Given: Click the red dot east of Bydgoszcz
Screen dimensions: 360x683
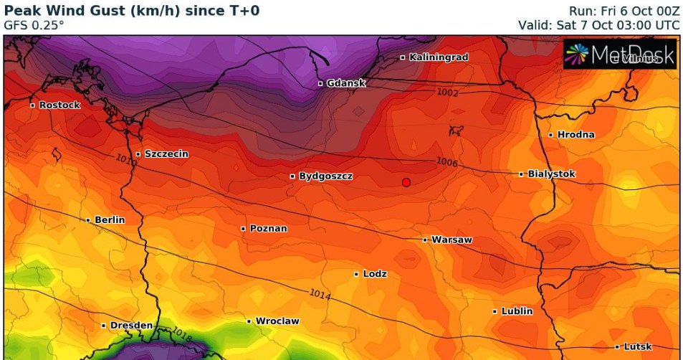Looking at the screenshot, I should [x=406, y=182].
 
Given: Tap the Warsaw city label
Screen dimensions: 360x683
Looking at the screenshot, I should [x=452, y=240].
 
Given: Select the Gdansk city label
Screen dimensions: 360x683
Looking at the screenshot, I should [x=345, y=83].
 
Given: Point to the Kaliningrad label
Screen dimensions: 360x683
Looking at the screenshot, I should [x=438, y=57].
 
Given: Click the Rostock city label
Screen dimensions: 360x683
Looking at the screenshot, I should [x=59, y=105].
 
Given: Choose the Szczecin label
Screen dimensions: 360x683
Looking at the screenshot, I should [x=166, y=153].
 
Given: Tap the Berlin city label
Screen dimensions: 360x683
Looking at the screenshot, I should [x=109, y=219].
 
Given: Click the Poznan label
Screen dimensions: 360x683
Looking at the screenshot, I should [x=268, y=229].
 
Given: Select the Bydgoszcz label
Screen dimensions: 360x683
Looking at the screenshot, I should [x=325, y=176].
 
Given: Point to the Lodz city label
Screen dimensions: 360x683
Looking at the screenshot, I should [x=375, y=274].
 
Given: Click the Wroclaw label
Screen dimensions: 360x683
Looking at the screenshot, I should [x=277, y=321].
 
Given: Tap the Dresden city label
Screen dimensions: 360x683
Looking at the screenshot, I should [x=131, y=326].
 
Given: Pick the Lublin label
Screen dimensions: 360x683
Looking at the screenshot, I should [x=517, y=311].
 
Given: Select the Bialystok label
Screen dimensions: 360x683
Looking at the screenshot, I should [x=551, y=174].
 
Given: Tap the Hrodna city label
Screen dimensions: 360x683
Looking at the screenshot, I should [x=575, y=135].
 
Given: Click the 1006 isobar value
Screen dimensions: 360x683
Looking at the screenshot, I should [x=446, y=163].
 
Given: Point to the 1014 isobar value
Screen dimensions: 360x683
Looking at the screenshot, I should [x=321, y=293].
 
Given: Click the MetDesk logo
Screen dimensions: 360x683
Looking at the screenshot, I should [x=620, y=54].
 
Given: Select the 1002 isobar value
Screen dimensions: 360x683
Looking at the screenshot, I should [x=446, y=93].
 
